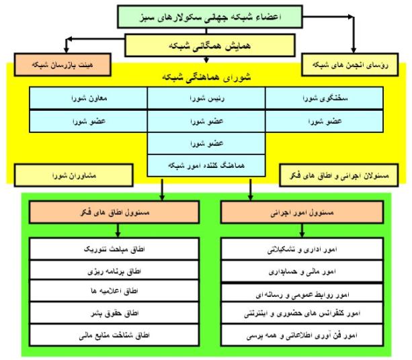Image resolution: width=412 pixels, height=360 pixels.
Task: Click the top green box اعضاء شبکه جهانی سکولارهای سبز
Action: [x=210, y=17]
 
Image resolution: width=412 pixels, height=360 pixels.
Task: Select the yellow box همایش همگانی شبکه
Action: [x=210, y=46]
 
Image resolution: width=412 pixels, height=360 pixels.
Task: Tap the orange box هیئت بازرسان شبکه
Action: [x=63, y=64]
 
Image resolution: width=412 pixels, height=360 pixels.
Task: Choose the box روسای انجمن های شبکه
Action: [x=350, y=64]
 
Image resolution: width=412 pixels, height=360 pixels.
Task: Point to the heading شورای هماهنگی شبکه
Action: [x=206, y=77]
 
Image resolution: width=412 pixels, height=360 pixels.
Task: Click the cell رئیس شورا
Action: [x=206, y=98]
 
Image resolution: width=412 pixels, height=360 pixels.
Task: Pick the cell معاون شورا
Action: [x=88, y=98]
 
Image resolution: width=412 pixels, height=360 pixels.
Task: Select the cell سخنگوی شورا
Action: [x=324, y=98]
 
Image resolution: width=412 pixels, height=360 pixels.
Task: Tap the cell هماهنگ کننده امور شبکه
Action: [x=206, y=165]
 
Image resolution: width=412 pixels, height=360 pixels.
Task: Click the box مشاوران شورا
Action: [x=73, y=175]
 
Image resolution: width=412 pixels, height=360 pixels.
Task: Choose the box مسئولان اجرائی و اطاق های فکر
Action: [x=339, y=175]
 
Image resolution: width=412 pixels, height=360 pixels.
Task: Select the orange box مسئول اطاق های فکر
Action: [x=114, y=212]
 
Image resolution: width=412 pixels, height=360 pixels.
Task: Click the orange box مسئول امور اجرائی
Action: [x=302, y=212]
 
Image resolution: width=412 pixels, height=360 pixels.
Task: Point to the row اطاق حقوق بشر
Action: [x=114, y=313]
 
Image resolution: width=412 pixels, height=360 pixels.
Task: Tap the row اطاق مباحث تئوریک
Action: [x=114, y=249]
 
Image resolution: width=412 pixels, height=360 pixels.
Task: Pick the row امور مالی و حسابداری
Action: [x=302, y=271]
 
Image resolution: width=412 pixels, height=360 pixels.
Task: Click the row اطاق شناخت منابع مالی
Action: [x=114, y=335]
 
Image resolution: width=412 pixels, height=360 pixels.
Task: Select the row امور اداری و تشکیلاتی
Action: [x=302, y=249]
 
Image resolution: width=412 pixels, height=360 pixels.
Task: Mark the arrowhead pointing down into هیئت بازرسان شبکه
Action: [x=67, y=50]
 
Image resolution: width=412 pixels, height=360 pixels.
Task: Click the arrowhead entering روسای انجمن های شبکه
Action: [x=354, y=50]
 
